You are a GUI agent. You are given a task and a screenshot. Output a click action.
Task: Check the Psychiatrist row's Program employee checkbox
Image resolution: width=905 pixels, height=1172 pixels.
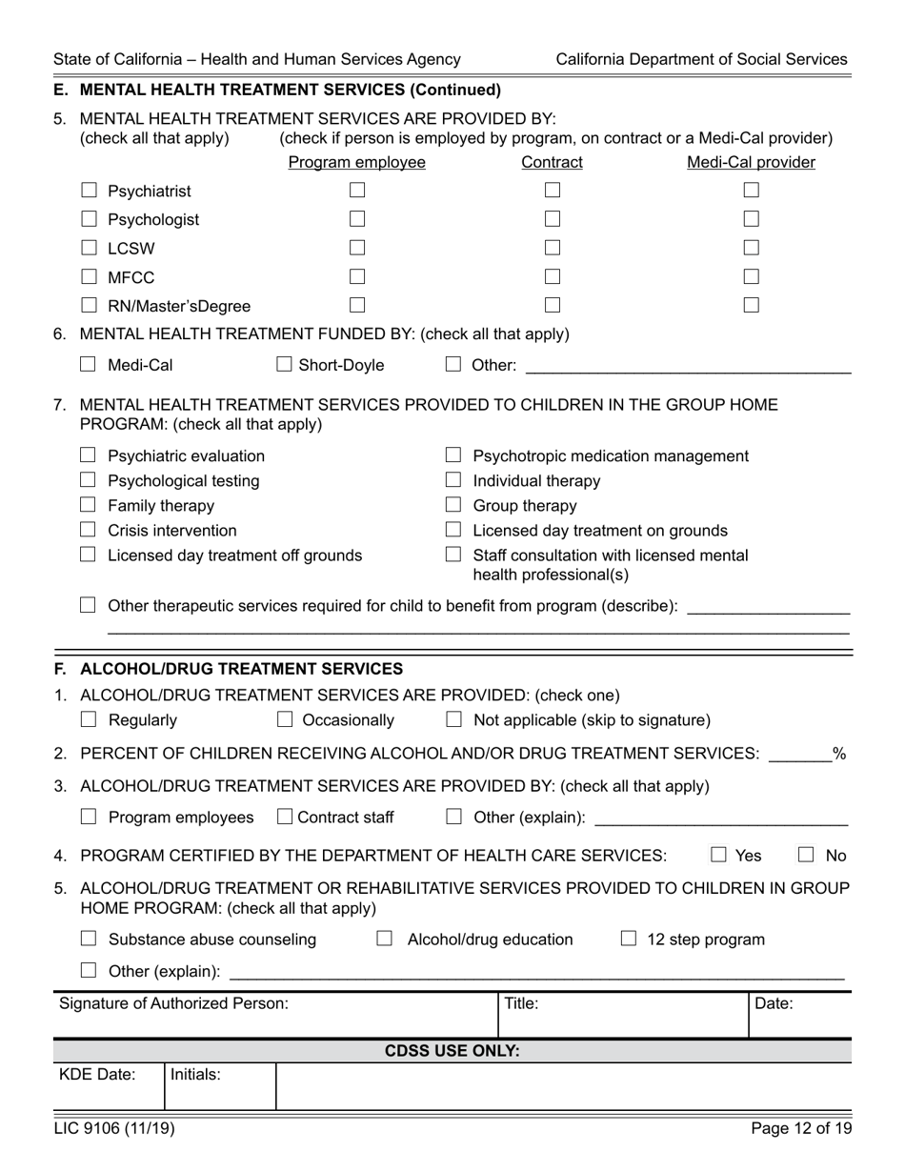click(357, 191)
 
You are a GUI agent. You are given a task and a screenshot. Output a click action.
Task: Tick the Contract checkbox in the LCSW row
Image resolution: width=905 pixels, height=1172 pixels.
click(553, 249)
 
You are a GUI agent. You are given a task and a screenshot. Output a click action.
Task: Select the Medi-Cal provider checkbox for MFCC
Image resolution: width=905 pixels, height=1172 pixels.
click(752, 277)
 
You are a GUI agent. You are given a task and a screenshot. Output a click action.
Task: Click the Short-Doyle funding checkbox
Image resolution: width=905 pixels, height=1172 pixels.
click(284, 364)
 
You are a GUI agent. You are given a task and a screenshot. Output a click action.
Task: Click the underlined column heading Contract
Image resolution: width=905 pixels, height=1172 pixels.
click(552, 163)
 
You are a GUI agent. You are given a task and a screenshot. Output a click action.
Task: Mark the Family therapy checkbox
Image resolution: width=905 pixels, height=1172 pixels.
click(89, 505)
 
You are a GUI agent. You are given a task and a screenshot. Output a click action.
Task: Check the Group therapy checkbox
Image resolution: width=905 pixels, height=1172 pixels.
click(454, 505)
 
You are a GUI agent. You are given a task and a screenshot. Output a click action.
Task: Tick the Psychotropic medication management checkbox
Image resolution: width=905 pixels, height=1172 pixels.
click(454, 455)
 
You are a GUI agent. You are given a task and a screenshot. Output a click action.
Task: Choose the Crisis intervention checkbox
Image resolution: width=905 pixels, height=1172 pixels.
click(89, 530)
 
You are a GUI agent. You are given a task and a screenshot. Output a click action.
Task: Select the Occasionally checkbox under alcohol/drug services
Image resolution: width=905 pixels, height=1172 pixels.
click(284, 720)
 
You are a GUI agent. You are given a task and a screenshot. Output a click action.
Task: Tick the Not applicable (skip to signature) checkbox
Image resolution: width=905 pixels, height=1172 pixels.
click(454, 720)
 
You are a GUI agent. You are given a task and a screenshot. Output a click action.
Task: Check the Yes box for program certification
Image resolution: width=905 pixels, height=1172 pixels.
click(719, 856)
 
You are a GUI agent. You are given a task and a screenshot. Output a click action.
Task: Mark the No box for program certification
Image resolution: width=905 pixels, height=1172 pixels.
click(806, 856)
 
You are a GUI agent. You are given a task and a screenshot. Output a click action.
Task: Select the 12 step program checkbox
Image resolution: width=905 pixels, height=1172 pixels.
click(629, 940)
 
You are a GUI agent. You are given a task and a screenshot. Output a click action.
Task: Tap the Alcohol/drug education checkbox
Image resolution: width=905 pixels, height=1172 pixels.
click(385, 940)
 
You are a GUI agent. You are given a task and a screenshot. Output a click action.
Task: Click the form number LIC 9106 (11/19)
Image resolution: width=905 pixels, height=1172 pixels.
click(114, 1129)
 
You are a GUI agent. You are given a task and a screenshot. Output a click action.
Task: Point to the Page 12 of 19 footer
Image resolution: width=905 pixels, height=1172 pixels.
click(800, 1129)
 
